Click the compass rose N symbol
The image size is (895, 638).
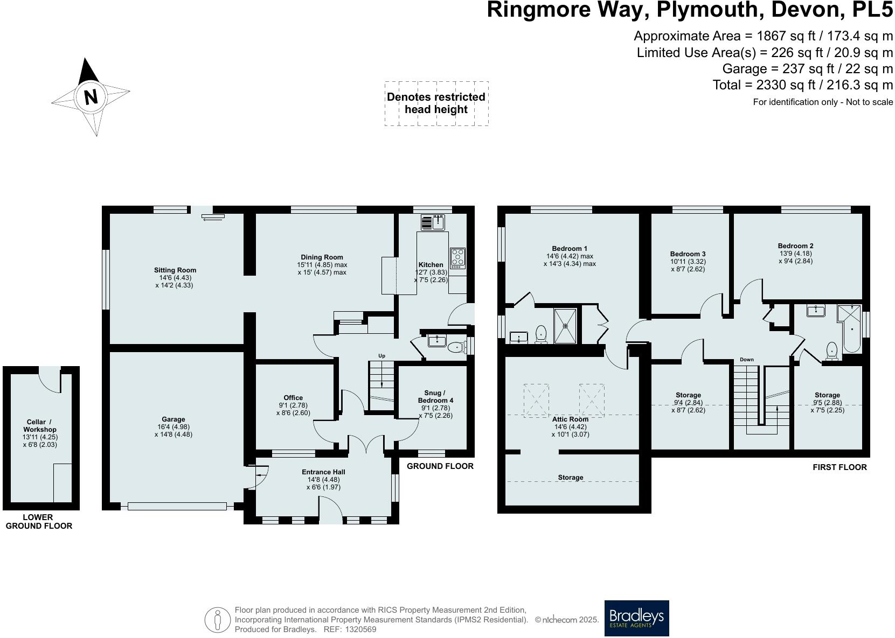tap(91, 97)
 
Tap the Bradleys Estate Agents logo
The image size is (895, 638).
tap(636, 618)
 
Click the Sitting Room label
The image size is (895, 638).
tap(175, 270)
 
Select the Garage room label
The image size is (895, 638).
tap(173, 419)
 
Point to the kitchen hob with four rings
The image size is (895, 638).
tap(457, 258)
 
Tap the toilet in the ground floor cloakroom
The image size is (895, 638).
tap(457, 347)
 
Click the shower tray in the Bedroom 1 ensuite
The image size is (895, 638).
tap(565, 325)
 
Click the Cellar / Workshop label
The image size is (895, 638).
tap(40, 426)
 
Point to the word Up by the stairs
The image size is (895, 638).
tap(381, 356)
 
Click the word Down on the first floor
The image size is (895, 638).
tap(746, 360)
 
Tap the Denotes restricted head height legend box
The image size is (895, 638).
tap(436, 103)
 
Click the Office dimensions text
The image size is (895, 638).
tap(293, 409)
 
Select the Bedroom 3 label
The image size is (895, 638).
tap(688, 254)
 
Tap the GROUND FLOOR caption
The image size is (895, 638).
tap(440, 466)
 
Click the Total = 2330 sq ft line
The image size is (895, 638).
tap(802, 85)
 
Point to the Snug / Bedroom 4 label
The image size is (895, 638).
tap(435, 397)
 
